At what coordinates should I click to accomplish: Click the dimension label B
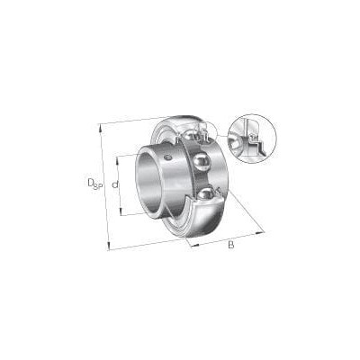click(x=230, y=245)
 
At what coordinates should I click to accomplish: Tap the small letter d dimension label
click(x=115, y=184)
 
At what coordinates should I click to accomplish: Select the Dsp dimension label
click(x=95, y=184)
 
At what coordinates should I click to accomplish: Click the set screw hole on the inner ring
click(x=168, y=157)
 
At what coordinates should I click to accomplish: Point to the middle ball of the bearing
click(x=200, y=160)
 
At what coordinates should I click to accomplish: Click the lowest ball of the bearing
click(x=206, y=194)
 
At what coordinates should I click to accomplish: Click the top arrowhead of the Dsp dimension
click(x=101, y=128)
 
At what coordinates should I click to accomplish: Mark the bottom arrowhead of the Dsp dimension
click(x=109, y=246)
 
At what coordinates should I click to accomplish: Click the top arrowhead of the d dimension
click(x=118, y=160)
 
